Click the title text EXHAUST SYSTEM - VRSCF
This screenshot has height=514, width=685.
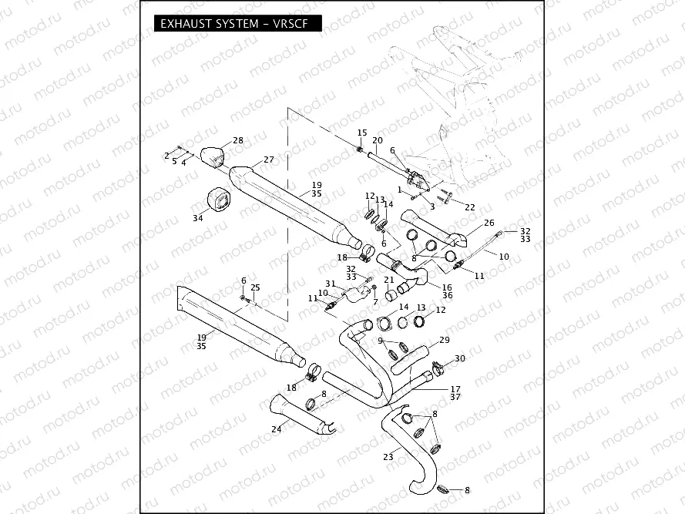[x=236, y=24]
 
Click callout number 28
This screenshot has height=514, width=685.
[x=238, y=140]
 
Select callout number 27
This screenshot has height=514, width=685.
[x=269, y=160]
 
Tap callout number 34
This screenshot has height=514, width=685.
[x=198, y=219]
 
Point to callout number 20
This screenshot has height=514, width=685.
[x=378, y=140]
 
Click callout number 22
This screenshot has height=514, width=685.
[x=470, y=207]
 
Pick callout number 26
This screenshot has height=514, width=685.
[x=489, y=223]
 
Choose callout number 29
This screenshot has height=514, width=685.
[x=444, y=340]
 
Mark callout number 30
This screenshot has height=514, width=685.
[x=460, y=358]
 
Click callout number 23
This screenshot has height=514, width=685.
[x=388, y=457]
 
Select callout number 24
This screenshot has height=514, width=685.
[x=277, y=430]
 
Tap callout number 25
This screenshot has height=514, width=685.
[x=256, y=287]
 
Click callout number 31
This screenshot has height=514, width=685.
[x=330, y=284]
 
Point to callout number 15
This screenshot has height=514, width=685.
[x=362, y=133]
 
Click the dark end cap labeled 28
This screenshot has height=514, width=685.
[x=214, y=155]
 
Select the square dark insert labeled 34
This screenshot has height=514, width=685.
[x=219, y=200]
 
